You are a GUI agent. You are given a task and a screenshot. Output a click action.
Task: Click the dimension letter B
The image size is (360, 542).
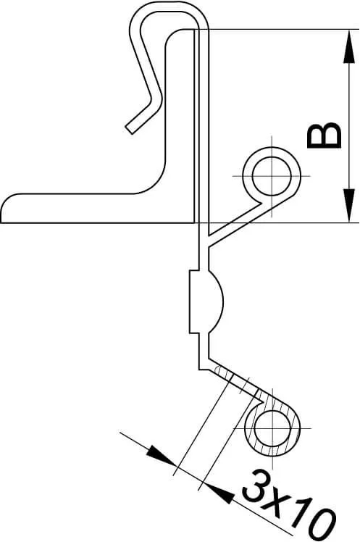coord(324,135)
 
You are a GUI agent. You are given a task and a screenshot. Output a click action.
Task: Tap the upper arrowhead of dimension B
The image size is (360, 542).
coord(349,47)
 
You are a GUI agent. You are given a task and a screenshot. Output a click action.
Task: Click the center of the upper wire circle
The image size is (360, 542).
coord(272,176)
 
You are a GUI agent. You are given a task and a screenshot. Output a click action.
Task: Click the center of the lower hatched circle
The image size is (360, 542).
coord(272,428)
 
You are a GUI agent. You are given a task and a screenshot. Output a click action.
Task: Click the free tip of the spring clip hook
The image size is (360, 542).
coord(129,130)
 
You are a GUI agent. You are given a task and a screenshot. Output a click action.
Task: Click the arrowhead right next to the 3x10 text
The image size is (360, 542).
coord(218,493)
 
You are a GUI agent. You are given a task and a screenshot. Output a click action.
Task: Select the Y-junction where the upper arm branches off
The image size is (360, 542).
coord(208,240)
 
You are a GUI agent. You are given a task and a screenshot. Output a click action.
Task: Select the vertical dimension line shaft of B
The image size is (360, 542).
coord(349,126)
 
